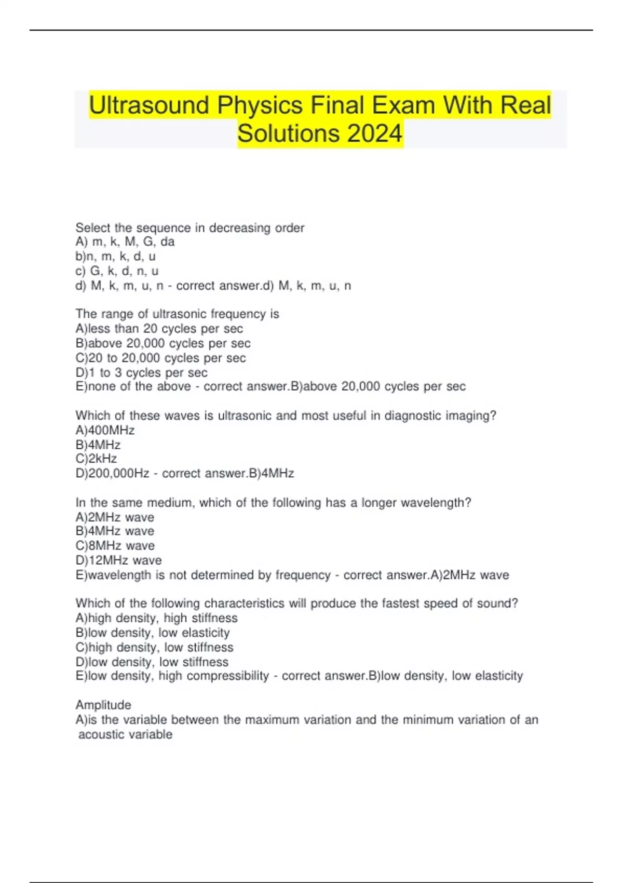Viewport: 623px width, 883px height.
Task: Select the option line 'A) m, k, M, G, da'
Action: [125, 242]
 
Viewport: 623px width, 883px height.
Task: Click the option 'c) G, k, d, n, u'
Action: [117, 271]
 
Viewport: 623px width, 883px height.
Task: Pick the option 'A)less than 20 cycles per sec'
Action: [159, 328]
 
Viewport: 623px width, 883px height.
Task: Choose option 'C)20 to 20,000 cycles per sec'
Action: [160, 358]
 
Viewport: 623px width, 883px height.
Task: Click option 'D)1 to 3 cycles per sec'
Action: [141, 372]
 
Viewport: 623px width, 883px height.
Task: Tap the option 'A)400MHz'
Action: [105, 430]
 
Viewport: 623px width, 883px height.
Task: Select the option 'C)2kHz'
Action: [96, 459]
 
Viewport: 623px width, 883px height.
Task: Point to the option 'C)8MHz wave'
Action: [115, 545]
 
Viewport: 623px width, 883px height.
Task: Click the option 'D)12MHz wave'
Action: [118, 560]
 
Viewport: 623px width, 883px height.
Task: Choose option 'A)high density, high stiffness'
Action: [156, 618]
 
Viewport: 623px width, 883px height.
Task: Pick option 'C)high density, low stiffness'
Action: [154, 647]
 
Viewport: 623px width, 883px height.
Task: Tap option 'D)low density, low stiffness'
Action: [152, 662]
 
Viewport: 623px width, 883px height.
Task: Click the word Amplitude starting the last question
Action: [103, 705]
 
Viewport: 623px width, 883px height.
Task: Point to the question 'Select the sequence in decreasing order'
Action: [189, 228]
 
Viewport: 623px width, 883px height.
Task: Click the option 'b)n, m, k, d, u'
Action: [115, 256]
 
